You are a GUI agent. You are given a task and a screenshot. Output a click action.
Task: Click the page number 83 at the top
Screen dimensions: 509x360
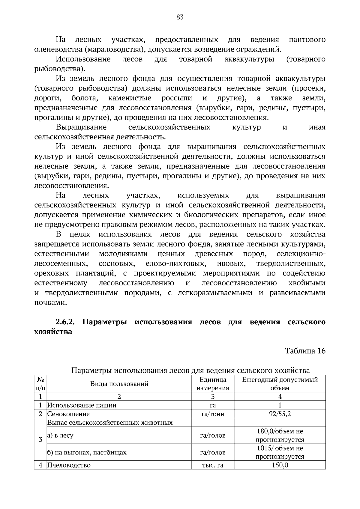pyautogui.click(x=180, y=17)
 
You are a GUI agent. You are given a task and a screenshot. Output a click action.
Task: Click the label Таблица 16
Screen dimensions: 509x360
pyautogui.click(x=305, y=351)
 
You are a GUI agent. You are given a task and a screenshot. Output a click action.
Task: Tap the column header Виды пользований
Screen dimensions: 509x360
pyautogui.click(x=119, y=384)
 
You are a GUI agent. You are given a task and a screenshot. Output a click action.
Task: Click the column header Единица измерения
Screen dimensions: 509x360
pyautogui.click(x=213, y=384)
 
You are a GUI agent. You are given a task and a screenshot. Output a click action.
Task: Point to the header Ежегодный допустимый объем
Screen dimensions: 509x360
pyautogui.click(x=280, y=384)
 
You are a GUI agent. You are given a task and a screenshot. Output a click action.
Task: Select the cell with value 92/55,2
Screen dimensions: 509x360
pyautogui.click(x=280, y=414)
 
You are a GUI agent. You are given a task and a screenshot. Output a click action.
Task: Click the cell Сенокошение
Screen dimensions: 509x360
pyautogui.click(x=69, y=414)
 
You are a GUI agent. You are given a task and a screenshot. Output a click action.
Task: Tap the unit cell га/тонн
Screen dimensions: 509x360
pyautogui.click(x=213, y=414)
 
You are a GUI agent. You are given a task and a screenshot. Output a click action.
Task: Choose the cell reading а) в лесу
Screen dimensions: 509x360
pyautogui.click(x=60, y=435)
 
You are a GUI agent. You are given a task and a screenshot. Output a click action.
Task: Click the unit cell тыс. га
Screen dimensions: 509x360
pyautogui.click(x=213, y=465)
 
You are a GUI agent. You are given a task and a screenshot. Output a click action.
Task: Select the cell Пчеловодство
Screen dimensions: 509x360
pyautogui.click(x=69, y=465)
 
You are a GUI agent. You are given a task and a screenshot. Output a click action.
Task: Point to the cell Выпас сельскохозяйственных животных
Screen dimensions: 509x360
pyautogui.click(x=110, y=423)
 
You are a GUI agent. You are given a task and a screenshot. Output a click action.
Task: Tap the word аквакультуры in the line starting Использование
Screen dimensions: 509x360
pyautogui.click(x=249, y=59)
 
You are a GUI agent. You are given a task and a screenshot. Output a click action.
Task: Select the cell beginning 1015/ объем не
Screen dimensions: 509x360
pyautogui.click(x=280, y=452)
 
